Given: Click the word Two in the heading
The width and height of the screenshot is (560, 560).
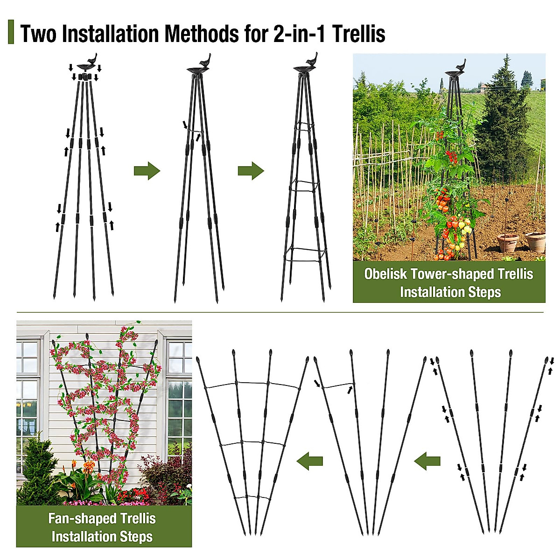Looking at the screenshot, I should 39,34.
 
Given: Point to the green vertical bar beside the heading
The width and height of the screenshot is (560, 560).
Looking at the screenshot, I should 11,32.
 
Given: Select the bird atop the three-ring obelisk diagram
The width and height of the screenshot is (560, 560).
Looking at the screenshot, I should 311,60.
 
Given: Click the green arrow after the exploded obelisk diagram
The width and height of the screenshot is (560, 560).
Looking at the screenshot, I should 147,171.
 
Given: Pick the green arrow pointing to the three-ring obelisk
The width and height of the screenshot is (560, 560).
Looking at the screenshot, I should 251,171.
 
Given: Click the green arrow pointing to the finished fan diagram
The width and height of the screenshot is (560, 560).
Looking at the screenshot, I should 310,461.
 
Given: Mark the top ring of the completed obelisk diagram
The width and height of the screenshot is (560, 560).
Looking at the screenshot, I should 304,127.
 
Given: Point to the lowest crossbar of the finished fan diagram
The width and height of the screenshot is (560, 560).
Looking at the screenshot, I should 252,498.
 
